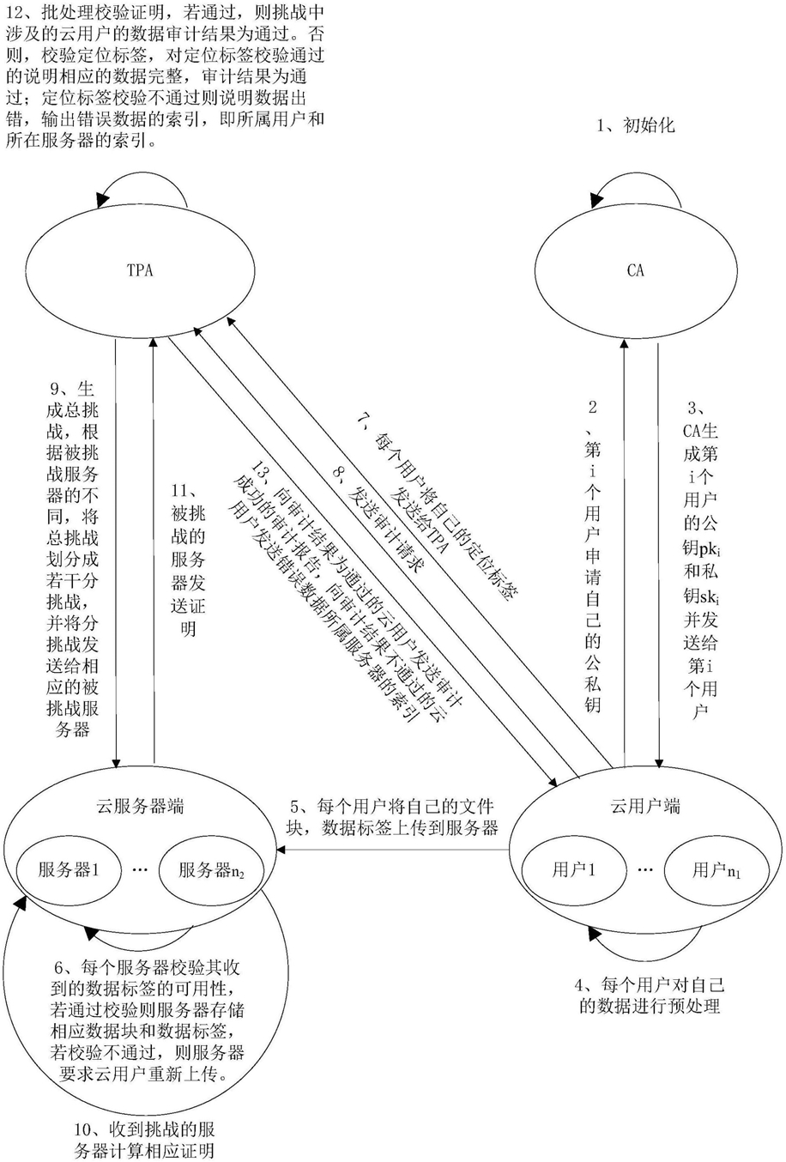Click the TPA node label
[x=139, y=270]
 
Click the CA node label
[x=635, y=270]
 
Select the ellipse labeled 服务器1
[x=69, y=869]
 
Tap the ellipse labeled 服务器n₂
[x=211, y=870]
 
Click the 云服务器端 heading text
[x=141, y=806]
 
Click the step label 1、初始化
[x=636, y=125]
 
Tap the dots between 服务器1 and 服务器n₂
[x=141, y=869]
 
